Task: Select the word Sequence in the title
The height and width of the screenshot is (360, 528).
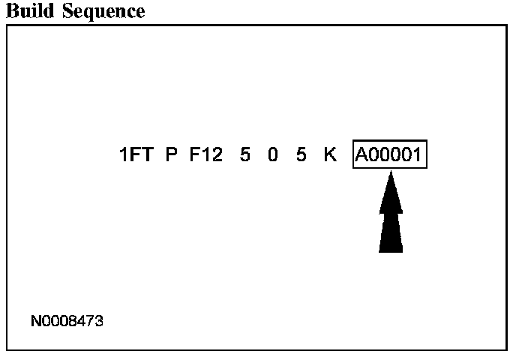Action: click(x=100, y=12)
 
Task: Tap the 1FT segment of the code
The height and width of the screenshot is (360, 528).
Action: click(x=137, y=156)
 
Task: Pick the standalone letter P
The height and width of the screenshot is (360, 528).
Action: click(x=171, y=156)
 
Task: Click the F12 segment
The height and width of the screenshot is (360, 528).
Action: click(x=205, y=156)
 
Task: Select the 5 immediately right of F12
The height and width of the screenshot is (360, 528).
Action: click(x=245, y=156)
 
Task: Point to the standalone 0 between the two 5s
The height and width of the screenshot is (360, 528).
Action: click(x=273, y=156)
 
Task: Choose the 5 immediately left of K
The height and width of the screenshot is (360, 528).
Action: click(x=301, y=156)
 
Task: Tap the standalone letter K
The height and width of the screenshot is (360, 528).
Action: click(x=330, y=156)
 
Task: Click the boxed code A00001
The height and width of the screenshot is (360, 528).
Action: click(x=390, y=156)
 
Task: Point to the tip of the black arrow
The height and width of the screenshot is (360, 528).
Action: click(x=391, y=173)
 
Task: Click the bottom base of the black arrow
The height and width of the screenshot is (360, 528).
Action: click(x=391, y=250)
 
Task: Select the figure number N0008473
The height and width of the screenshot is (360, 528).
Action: click(x=67, y=322)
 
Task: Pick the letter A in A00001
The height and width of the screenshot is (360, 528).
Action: click(x=363, y=156)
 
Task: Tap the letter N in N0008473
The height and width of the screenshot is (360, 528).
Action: click(x=35, y=322)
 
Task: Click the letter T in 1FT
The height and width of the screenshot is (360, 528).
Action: click(x=148, y=156)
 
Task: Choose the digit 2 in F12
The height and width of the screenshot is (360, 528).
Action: click(x=217, y=156)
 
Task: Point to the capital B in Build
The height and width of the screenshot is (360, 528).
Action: click(x=11, y=11)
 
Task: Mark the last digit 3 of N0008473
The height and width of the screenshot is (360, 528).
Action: click(x=99, y=322)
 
